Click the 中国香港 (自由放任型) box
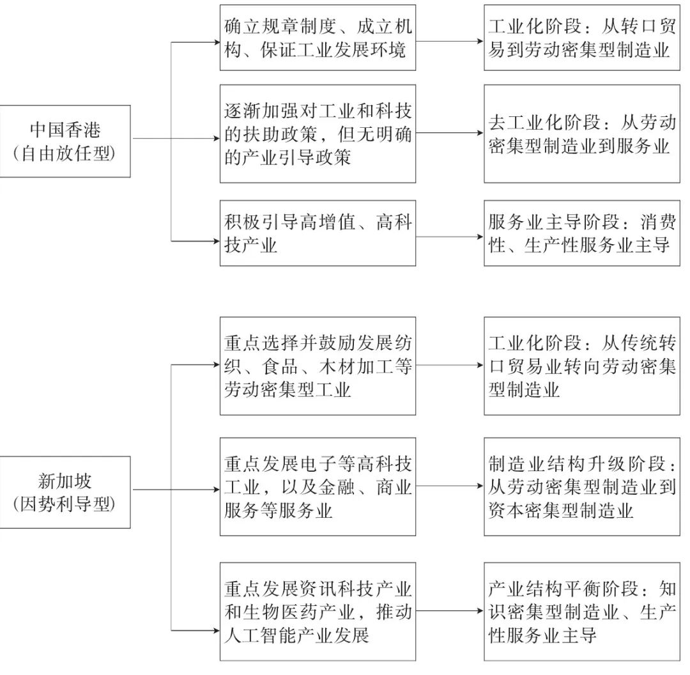(65, 141)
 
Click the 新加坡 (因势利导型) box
(65, 492)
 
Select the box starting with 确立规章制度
(318, 38)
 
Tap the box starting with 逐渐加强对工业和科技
(318, 134)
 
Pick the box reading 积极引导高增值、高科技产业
(318, 233)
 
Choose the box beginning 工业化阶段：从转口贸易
(583, 38)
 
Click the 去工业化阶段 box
(583, 134)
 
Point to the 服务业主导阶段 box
(583, 233)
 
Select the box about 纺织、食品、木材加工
(318, 366)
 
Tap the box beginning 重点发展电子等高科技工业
(318, 486)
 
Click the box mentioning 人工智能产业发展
(318, 611)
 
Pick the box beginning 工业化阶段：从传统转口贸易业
(583, 366)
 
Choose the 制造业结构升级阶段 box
(583, 486)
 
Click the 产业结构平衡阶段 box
(583, 611)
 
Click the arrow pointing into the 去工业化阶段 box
(450, 134)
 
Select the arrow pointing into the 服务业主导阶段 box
(450, 237)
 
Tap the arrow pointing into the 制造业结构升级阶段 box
(450, 486)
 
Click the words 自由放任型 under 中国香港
(65, 154)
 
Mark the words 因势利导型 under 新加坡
(65, 504)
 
